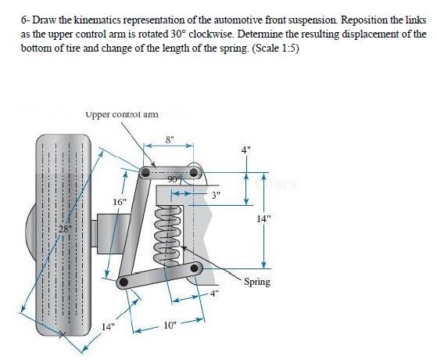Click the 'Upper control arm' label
pyautogui.click(x=122, y=114)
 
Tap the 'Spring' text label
pyautogui.click(x=257, y=282)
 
